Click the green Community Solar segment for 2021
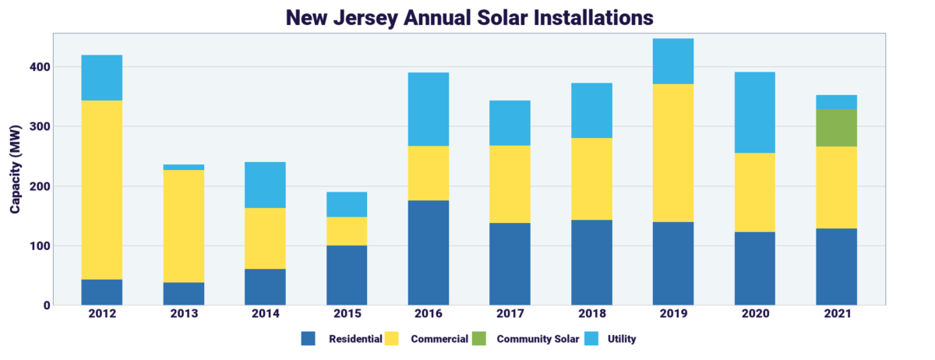(x=836, y=128)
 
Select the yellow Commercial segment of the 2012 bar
(x=101, y=189)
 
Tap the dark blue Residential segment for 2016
(x=429, y=252)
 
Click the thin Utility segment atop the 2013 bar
(x=183, y=167)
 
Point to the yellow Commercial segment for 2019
(x=673, y=153)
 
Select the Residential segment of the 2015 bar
(x=347, y=275)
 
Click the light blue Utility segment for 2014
(x=265, y=185)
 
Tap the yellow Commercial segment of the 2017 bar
(x=510, y=184)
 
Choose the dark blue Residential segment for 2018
(x=591, y=263)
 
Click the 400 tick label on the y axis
(x=41, y=67)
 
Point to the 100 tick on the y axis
(x=41, y=246)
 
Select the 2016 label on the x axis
(x=429, y=313)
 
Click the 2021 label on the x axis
(x=836, y=313)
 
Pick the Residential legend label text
(x=355, y=339)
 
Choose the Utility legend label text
(x=622, y=339)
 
